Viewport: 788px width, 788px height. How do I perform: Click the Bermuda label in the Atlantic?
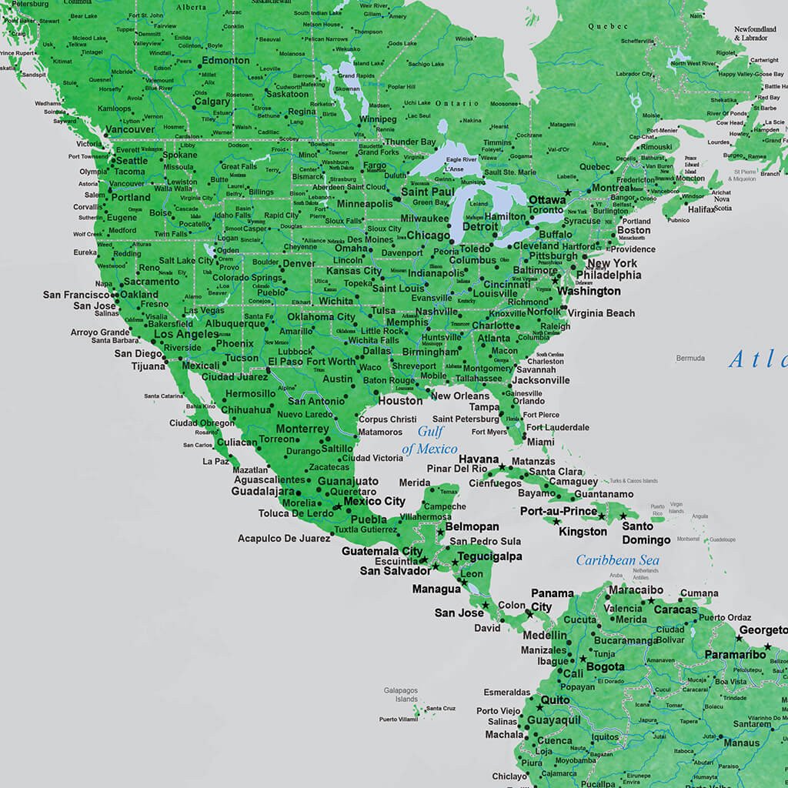(690, 358)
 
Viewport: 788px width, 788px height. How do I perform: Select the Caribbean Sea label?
(617, 560)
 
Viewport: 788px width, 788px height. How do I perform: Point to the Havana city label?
(479, 459)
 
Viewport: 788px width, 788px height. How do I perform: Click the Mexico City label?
(374, 501)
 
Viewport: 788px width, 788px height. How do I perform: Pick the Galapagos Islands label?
(401, 695)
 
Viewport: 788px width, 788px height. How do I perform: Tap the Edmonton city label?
(225, 60)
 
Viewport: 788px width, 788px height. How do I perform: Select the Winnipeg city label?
(378, 119)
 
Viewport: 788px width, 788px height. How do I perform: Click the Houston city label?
(400, 400)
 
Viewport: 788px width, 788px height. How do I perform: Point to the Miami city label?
(540, 442)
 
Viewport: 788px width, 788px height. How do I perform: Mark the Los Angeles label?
(185, 334)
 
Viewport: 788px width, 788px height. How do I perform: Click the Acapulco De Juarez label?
(284, 539)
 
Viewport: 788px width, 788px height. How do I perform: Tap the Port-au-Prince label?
(559, 511)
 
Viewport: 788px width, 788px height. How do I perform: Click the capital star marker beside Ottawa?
(568, 192)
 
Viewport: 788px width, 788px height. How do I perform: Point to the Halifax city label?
(702, 209)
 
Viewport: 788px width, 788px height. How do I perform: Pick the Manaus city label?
(740, 743)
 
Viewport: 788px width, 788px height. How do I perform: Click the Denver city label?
(299, 263)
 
